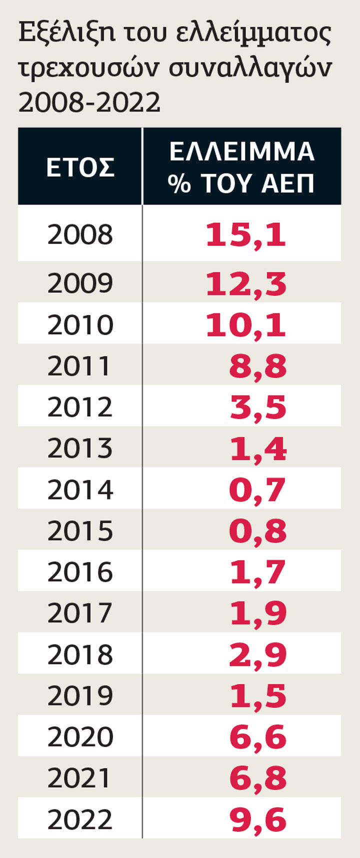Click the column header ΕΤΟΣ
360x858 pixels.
coord(80,167)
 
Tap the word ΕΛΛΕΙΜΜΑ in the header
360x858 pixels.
coord(242,151)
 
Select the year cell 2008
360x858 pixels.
coord(80,234)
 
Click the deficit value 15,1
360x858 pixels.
coord(246,235)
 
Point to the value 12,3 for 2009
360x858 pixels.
coord(246,283)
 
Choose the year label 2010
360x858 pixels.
coord(80,324)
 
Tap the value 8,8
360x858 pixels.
coord(258,366)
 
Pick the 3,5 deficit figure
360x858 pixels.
coord(258,407)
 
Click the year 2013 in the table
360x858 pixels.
coord(80,448)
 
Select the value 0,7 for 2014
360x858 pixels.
coord(257,490)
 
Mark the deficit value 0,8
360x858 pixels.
coord(258,531)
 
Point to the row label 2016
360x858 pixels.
coord(80,572)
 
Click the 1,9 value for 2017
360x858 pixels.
coord(258,613)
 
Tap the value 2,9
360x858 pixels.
coord(258,655)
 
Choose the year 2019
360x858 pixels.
coord(80,695)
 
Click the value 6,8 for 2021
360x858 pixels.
coord(258,778)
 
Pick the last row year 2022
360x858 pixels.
coord(80,819)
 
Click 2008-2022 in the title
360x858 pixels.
coord(89,102)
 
